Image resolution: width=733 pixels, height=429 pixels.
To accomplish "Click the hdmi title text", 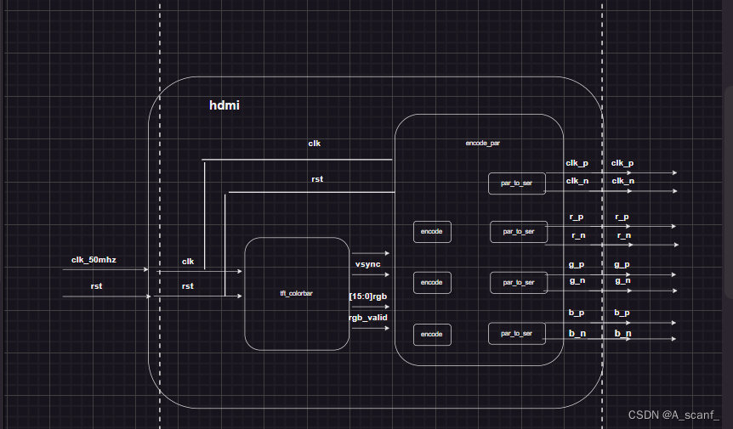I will (224, 106).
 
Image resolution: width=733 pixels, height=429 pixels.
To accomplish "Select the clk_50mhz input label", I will (94, 258).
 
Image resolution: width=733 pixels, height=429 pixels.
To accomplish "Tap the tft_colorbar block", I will (297, 293).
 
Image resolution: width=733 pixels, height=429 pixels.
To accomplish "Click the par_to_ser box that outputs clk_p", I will (516, 183).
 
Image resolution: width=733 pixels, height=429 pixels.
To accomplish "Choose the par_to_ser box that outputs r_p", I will (518, 231).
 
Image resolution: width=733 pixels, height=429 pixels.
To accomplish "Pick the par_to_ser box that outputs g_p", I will (518, 282).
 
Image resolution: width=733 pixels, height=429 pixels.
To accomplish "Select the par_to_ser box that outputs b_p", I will (516, 333).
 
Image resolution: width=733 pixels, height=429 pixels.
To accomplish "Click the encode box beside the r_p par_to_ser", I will (431, 231).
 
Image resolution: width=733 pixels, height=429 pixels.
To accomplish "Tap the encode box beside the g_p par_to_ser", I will (431, 282).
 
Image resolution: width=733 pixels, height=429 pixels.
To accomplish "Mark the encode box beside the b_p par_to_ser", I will (431, 334).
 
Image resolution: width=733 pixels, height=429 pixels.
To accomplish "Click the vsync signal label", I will (367, 265).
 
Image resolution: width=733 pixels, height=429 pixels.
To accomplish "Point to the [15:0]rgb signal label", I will (368, 296).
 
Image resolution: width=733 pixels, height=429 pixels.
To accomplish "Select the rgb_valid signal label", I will (367, 318).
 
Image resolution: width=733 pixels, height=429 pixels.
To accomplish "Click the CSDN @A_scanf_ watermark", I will (673, 415).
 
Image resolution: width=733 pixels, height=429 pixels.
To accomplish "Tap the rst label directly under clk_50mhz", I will (96, 286).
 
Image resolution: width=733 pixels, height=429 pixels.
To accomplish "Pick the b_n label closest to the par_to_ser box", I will (577, 334).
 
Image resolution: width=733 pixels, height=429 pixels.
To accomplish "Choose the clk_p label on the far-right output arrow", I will (622, 162).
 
